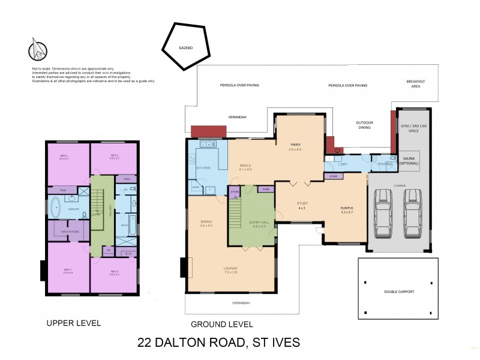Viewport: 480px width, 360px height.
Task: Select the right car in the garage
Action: [412, 214]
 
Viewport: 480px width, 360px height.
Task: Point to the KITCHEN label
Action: [203, 168]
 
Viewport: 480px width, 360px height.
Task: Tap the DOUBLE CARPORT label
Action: [399, 292]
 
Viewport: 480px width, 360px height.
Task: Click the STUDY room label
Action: [302, 204]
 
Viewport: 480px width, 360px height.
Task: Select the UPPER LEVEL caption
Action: [73, 323]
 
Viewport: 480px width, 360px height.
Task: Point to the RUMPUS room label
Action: [347, 209]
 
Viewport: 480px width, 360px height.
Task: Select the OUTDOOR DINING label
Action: [364, 125]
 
